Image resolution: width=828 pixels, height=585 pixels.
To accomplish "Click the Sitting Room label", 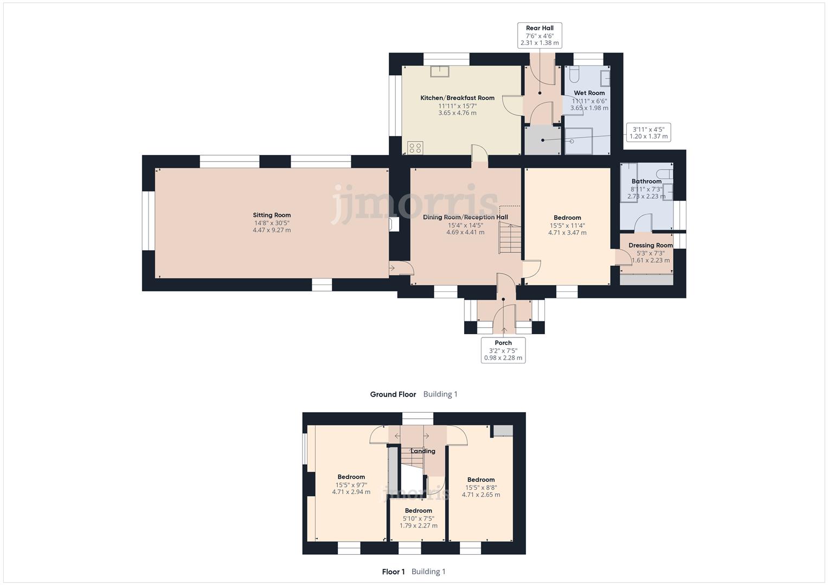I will [x=272, y=215].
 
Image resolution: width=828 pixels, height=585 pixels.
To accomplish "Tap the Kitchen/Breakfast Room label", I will [x=457, y=98].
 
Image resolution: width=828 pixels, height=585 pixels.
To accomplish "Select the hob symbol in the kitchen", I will [x=415, y=148].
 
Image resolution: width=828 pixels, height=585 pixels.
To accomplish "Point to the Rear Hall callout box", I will [x=540, y=35].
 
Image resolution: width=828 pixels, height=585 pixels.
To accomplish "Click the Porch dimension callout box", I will [x=503, y=350].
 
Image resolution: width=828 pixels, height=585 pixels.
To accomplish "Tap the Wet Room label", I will [x=589, y=93].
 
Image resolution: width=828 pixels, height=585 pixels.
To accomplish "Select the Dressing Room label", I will [x=650, y=245].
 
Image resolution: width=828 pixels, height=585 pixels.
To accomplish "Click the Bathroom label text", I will [x=646, y=181].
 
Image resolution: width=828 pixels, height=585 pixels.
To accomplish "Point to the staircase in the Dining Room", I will [x=510, y=238].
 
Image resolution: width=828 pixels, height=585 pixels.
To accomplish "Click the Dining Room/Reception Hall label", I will [x=465, y=217].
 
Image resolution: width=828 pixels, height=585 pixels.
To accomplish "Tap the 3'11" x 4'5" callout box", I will [x=649, y=133].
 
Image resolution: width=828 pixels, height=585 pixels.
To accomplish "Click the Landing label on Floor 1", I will [x=422, y=451].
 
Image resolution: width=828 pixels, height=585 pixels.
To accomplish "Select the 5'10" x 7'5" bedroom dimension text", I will [x=418, y=518].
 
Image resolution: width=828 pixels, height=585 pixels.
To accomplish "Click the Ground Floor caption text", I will [x=393, y=394].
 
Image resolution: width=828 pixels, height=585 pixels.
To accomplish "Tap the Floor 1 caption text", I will [x=393, y=571].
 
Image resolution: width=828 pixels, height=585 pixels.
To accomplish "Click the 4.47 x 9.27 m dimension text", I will [x=272, y=230].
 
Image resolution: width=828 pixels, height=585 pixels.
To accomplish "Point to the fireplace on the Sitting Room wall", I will [x=394, y=224].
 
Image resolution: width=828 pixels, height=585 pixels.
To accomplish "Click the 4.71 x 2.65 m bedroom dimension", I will [x=480, y=495].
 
